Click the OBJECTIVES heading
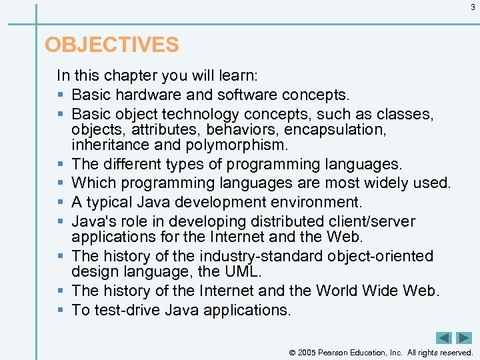[x=111, y=45]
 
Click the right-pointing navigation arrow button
[x=463, y=338]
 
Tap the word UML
[x=248, y=273]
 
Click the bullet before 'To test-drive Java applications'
[x=61, y=311]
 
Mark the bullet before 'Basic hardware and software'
[x=61, y=95]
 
